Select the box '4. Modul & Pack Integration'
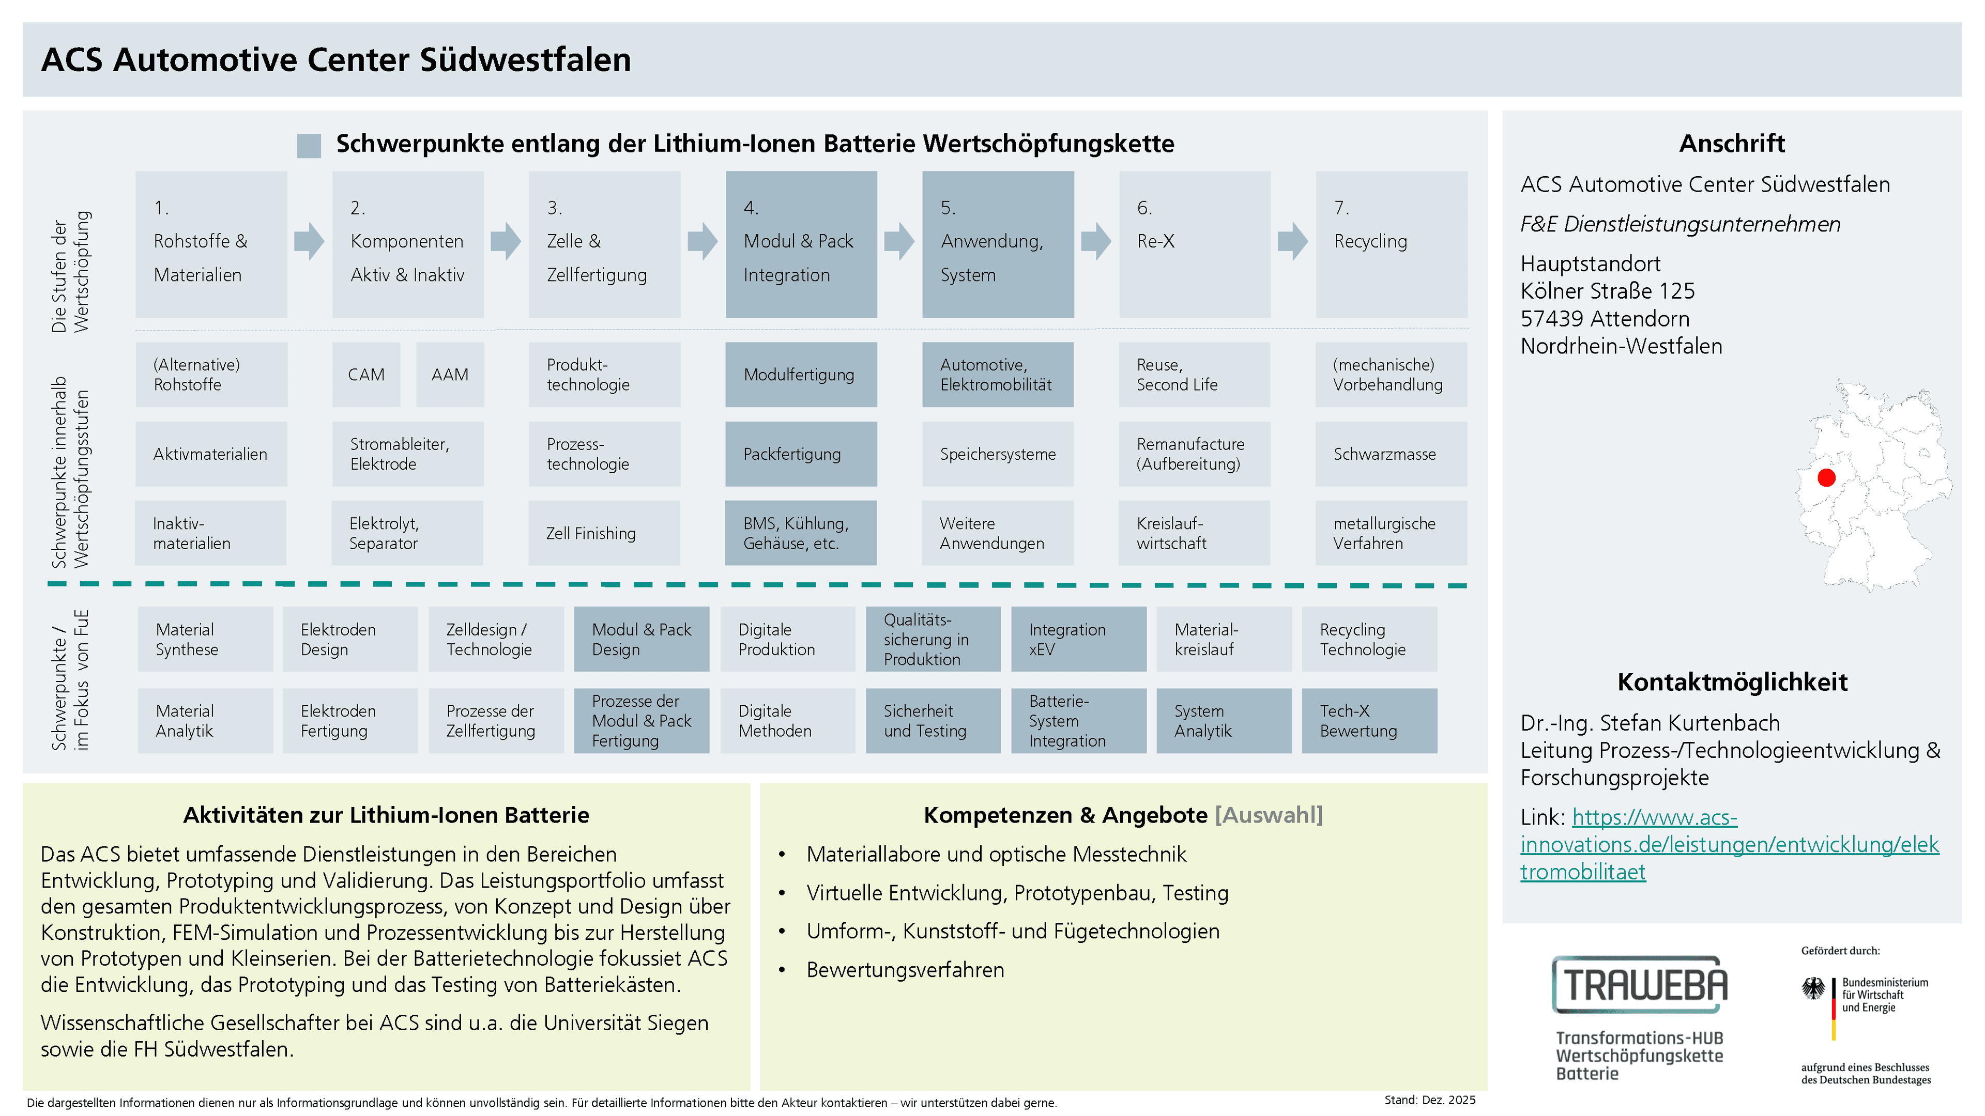point(801,244)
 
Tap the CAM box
point(366,374)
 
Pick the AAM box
point(450,374)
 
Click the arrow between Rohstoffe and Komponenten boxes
point(309,241)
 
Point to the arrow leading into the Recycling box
point(1292,241)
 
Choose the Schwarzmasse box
point(1391,454)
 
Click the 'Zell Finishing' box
point(604,533)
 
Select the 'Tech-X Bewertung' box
point(1369,721)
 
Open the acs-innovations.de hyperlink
point(1729,844)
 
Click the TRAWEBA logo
point(1640,984)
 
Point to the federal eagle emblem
point(1813,988)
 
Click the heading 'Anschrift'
point(1732,143)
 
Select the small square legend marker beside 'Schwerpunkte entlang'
point(309,146)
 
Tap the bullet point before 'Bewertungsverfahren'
point(782,970)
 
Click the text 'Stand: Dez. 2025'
point(1429,1100)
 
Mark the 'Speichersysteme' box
point(998,454)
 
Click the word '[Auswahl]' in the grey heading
point(1269,815)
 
